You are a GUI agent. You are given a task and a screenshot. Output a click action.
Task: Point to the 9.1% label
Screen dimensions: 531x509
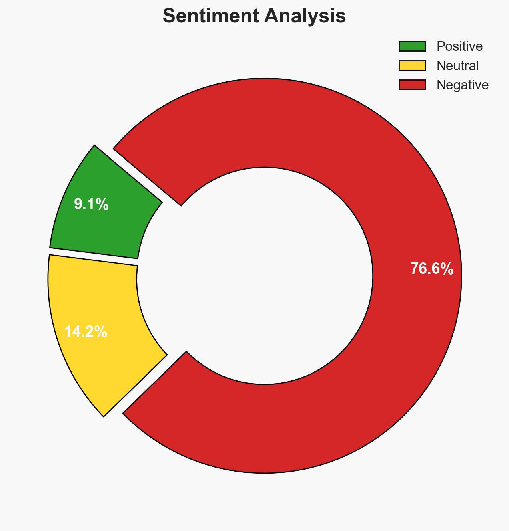click(91, 205)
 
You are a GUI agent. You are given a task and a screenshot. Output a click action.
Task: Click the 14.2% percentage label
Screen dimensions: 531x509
click(86, 332)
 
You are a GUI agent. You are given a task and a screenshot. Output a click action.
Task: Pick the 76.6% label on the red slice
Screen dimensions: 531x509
click(431, 269)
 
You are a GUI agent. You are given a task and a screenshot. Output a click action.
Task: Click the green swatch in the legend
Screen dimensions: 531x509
click(412, 46)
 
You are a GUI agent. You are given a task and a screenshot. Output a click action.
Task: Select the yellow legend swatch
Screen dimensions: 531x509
click(412, 66)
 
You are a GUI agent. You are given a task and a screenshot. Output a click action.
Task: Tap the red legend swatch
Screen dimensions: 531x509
click(412, 85)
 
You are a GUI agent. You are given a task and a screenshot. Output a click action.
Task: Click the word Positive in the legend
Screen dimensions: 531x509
click(459, 46)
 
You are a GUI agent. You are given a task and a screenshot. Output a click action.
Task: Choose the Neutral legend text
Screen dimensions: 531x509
click(457, 66)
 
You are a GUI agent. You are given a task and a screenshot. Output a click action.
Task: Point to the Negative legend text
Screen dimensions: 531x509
click(462, 85)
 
